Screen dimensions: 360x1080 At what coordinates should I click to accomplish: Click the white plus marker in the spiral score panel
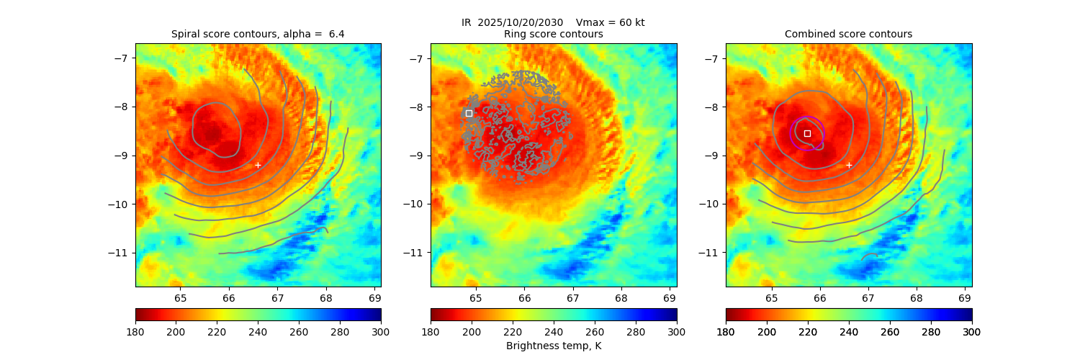tap(258, 165)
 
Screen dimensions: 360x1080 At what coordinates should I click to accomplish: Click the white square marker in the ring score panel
tap(469, 113)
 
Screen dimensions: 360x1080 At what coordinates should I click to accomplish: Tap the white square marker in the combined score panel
tap(807, 133)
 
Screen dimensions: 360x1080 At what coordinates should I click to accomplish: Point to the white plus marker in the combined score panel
tap(849, 165)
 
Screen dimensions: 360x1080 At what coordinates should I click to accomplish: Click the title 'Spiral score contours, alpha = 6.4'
tap(258, 34)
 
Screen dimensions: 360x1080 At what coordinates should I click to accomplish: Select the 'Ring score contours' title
tap(554, 34)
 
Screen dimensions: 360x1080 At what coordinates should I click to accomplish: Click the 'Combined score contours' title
tap(848, 34)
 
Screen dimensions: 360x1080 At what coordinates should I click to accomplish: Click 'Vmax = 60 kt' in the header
tap(611, 22)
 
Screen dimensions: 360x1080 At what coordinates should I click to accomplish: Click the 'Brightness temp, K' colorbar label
tap(554, 346)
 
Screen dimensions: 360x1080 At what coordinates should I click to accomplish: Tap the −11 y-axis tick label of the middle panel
tap(416, 253)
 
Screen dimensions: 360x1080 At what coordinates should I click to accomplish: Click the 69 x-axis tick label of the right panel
tap(965, 298)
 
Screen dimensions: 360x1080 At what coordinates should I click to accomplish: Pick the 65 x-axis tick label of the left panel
tap(180, 298)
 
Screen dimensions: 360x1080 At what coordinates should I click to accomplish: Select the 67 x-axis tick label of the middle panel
tap(573, 298)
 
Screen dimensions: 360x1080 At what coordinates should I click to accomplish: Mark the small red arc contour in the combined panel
tap(869, 256)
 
